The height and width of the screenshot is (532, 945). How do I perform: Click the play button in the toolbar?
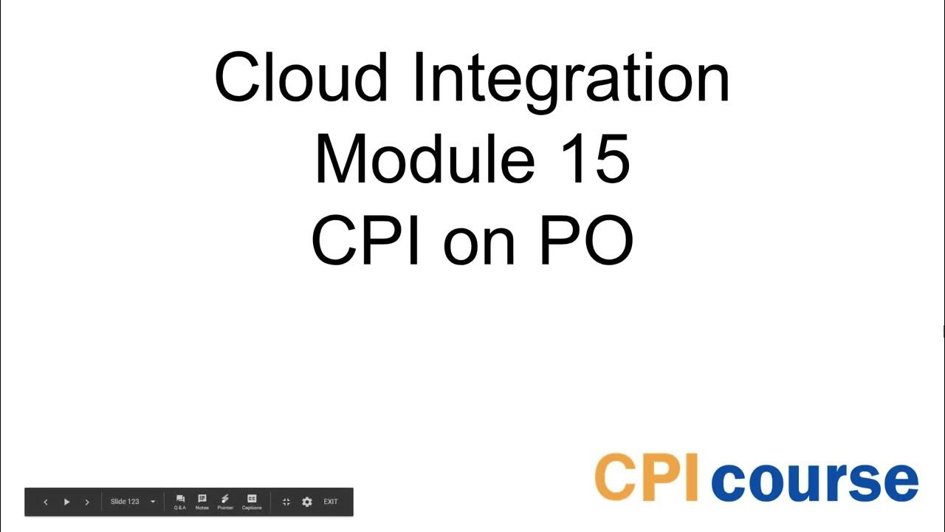[x=66, y=502]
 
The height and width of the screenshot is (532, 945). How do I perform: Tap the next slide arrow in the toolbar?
[x=87, y=502]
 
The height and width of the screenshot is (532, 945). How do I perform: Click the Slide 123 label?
[x=125, y=502]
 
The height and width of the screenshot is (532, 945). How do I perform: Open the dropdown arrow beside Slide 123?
[x=153, y=502]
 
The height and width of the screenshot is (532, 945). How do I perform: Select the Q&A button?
[x=180, y=502]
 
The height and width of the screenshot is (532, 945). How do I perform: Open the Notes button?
[x=202, y=502]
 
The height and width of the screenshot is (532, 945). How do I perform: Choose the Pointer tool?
[x=225, y=502]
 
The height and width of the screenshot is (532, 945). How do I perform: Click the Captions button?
[x=252, y=502]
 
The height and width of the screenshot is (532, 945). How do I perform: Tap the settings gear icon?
[x=307, y=502]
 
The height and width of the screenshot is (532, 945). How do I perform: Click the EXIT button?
[x=331, y=502]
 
